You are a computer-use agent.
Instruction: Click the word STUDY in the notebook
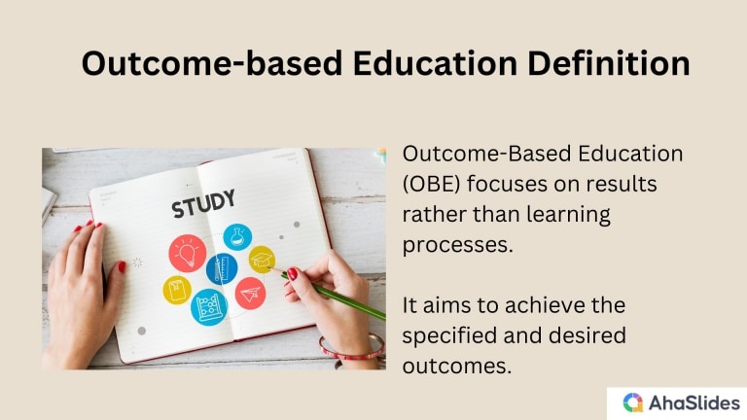point(203,206)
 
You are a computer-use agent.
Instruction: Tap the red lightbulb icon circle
point(186,252)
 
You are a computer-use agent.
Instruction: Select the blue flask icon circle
point(236,236)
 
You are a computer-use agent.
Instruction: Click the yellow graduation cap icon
point(262,258)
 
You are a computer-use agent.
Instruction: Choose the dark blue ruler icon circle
point(222,267)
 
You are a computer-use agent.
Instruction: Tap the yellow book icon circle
point(177,290)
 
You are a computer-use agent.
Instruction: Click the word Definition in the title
point(595,63)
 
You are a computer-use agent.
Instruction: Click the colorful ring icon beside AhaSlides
point(633,402)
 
